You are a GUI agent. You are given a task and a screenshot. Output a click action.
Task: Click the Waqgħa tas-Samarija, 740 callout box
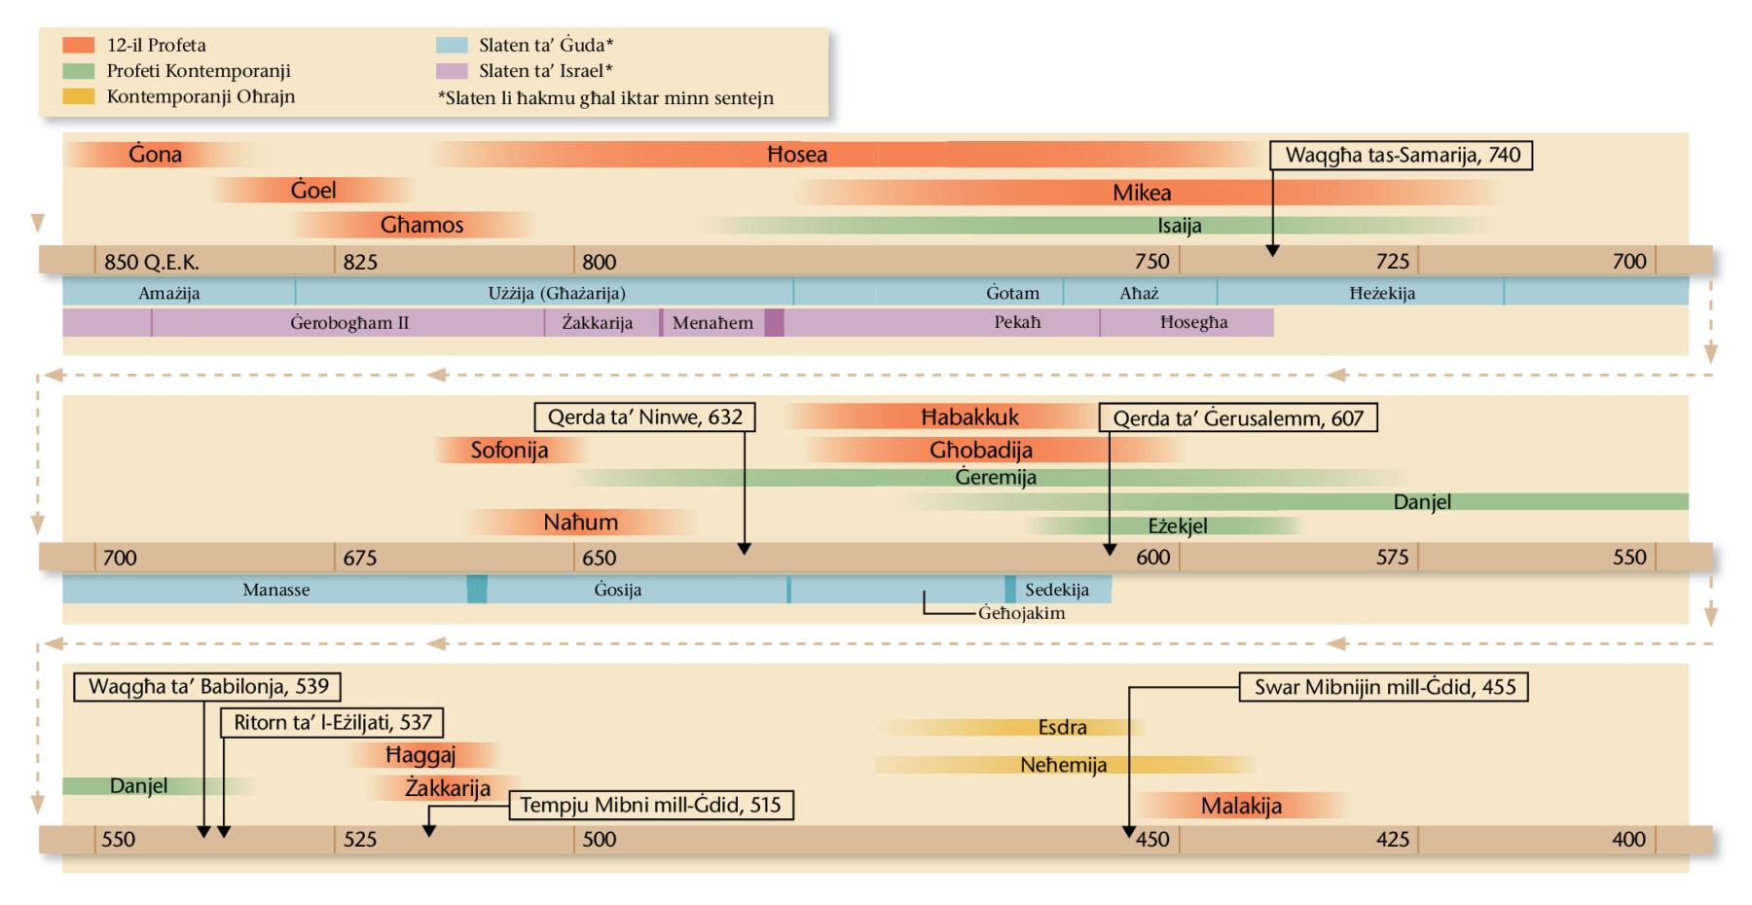click(x=1402, y=156)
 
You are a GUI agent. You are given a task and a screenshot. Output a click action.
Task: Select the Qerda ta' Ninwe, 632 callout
click(x=644, y=417)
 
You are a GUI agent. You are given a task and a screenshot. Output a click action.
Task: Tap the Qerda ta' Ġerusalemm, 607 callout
click(x=1238, y=418)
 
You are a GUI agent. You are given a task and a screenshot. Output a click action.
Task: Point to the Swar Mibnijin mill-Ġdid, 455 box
click(x=1384, y=687)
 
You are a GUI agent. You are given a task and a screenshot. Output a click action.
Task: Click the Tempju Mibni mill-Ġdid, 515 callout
click(x=650, y=806)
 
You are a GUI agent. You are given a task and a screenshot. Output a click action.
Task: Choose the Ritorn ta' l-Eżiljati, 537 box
click(x=332, y=723)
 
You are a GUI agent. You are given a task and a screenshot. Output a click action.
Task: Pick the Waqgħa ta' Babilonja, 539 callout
click(x=208, y=686)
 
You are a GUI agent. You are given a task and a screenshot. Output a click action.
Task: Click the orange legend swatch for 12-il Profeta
click(x=79, y=46)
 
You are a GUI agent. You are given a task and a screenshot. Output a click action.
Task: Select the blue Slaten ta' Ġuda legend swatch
click(x=453, y=46)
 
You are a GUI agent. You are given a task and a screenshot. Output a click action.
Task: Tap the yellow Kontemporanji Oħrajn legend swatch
click(x=79, y=96)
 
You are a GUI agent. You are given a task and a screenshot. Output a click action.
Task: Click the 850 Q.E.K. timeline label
click(x=151, y=262)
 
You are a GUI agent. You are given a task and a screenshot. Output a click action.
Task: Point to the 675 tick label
click(x=359, y=559)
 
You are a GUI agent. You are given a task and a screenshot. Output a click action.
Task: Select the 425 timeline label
click(x=1392, y=840)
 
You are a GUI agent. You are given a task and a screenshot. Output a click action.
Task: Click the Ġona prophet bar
click(x=156, y=155)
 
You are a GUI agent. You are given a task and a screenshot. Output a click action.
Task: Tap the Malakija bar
click(x=1241, y=806)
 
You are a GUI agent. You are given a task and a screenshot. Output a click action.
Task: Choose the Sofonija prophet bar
click(x=510, y=451)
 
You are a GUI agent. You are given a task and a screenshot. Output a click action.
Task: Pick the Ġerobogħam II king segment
click(x=348, y=323)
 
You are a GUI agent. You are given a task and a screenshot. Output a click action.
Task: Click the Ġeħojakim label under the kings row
click(x=1021, y=614)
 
